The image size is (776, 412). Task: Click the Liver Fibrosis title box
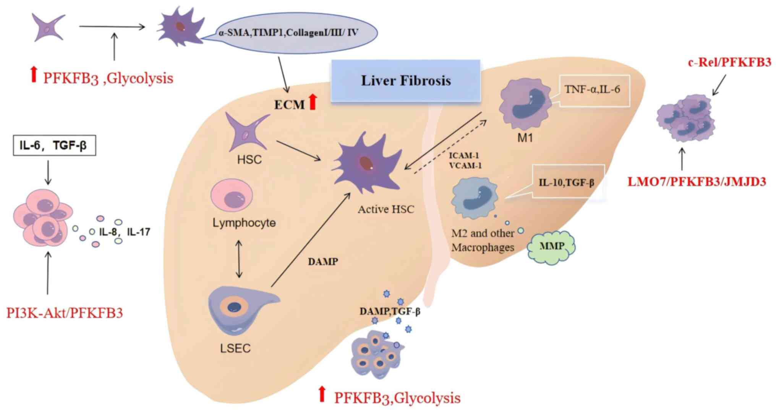[x=405, y=81]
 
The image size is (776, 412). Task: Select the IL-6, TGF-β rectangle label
[x=54, y=145]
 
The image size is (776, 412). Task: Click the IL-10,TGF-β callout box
[x=567, y=182]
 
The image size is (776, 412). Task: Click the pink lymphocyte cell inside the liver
[x=232, y=196]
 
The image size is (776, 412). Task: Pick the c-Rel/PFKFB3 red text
[x=729, y=62]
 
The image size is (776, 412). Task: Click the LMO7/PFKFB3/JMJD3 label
[x=697, y=182]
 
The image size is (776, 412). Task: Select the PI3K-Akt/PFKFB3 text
[x=65, y=313]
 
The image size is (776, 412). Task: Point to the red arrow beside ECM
[x=313, y=102]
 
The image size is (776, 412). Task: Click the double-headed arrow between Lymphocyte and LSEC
[x=239, y=259]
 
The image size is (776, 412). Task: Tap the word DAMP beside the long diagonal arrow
[x=323, y=262]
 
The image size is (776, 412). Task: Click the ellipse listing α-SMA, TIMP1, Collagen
[x=289, y=33]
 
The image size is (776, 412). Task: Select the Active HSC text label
[x=386, y=209]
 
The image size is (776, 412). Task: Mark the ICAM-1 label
[x=463, y=156]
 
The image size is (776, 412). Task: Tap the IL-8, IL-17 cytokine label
[x=125, y=232]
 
